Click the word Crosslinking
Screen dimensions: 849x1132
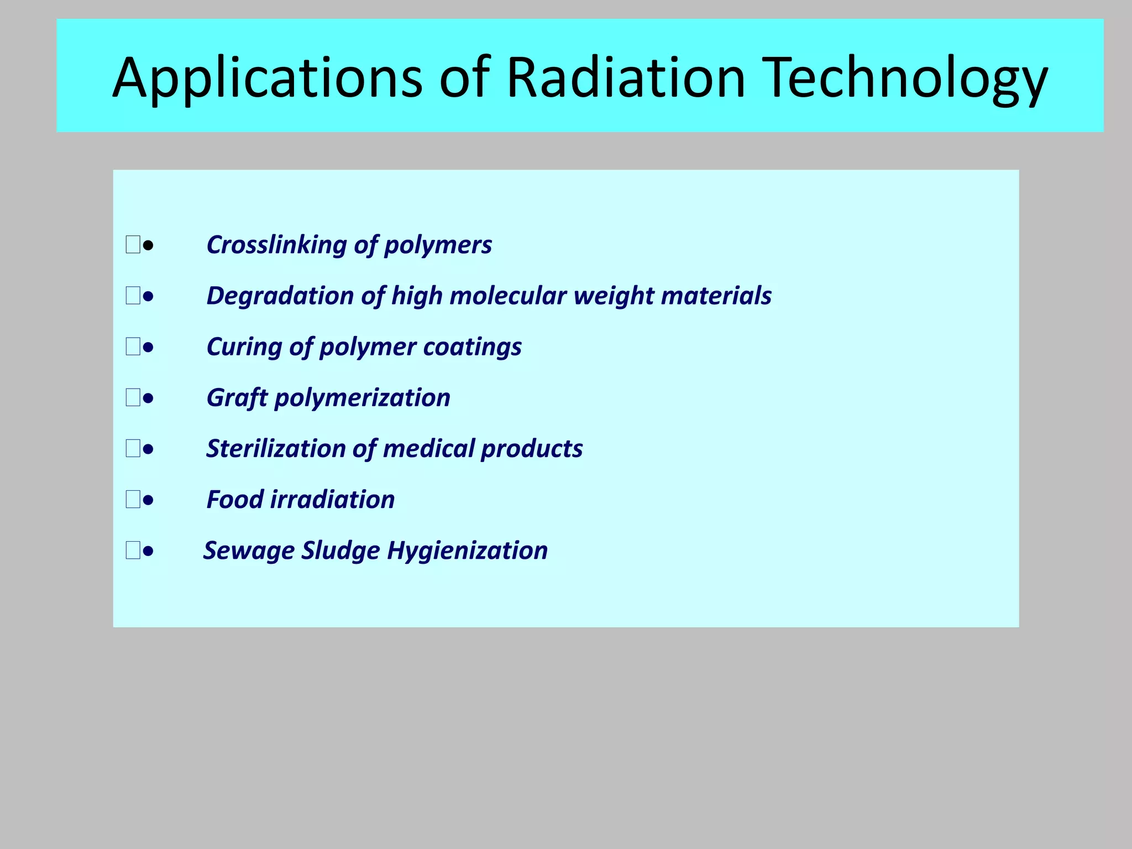click(276, 245)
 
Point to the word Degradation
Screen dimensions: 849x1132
click(280, 296)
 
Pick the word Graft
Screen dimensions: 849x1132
click(237, 398)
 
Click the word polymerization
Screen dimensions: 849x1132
click(362, 398)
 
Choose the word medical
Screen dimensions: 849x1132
click(428, 449)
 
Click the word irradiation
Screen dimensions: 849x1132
click(332, 500)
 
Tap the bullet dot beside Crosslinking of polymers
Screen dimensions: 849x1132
click(148, 245)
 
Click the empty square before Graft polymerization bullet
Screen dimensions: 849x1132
click(133, 397)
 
